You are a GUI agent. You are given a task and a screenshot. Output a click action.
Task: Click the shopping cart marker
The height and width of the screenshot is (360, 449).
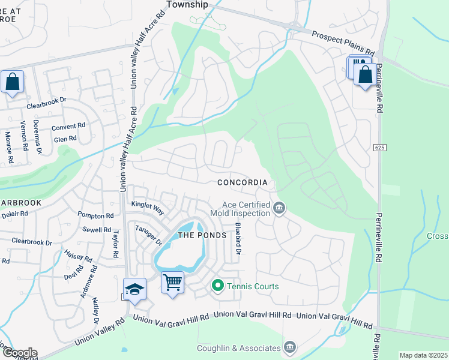pyautogui.click(x=173, y=280)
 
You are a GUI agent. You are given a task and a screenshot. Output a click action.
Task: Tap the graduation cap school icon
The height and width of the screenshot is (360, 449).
pyautogui.click(x=135, y=288)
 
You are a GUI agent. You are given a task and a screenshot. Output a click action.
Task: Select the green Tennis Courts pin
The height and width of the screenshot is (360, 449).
pyautogui.click(x=218, y=286)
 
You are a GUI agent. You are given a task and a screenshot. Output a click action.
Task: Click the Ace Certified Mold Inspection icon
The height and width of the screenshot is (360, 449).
pyautogui.click(x=279, y=208)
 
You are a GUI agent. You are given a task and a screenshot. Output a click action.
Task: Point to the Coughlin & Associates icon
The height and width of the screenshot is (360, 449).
pyautogui.click(x=289, y=347)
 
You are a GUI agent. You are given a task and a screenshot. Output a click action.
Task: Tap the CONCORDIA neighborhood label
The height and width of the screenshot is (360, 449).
pyautogui.click(x=241, y=182)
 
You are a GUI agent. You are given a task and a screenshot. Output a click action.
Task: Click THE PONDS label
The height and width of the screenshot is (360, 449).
pyautogui.click(x=202, y=235)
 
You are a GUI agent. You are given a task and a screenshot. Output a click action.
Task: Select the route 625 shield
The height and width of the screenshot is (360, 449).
pyautogui.click(x=382, y=147)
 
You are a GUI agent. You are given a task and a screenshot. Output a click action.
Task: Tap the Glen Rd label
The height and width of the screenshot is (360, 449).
pyautogui.click(x=65, y=139)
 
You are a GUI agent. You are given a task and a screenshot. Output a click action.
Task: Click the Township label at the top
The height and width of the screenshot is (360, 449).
pyautogui.click(x=186, y=4)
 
